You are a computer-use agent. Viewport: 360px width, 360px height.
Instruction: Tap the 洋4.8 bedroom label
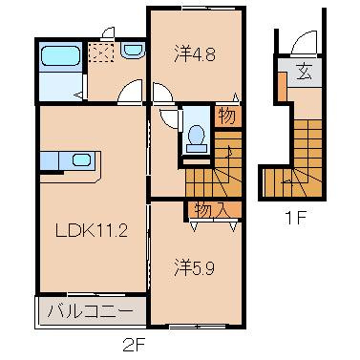coord(195,54)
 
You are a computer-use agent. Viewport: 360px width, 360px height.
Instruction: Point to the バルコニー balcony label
coord(91,311)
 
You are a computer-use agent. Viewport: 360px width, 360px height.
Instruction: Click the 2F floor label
coord(134,345)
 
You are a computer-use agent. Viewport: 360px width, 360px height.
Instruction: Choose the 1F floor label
coord(295,216)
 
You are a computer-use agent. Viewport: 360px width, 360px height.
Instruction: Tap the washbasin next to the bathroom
coord(131,52)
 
